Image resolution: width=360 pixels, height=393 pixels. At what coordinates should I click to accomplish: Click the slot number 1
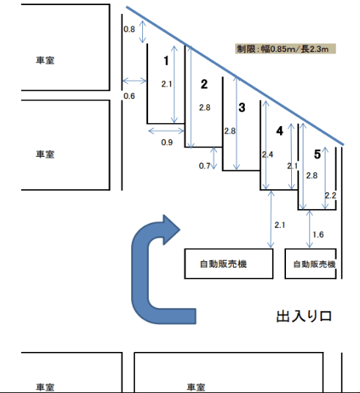click(x=167, y=59)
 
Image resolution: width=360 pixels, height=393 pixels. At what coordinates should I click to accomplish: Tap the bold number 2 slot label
click(x=204, y=84)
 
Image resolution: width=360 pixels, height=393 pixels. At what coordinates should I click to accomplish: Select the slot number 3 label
click(x=242, y=108)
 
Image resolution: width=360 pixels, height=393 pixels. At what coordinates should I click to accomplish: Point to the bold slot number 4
click(x=279, y=131)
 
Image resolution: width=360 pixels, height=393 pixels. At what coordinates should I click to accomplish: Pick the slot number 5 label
click(x=317, y=154)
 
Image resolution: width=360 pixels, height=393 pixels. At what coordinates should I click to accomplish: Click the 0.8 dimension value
click(x=128, y=29)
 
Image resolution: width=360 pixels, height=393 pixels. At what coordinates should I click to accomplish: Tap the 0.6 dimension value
click(x=129, y=96)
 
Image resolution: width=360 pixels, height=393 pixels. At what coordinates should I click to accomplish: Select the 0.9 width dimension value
click(x=167, y=142)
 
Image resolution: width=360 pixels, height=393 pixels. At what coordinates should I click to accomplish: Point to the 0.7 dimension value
click(x=205, y=166)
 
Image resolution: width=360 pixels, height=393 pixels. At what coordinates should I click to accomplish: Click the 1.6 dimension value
click(x=318, y=235)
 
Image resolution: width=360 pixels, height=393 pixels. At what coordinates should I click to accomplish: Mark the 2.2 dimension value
click(x=330, y=195)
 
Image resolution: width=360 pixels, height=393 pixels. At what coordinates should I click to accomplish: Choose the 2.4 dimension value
click(x=267, y=155)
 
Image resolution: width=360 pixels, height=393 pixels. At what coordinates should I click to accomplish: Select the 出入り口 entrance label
click(x=304, y=316)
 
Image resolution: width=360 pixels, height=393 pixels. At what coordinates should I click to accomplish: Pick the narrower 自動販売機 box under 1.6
click(x=314, y=264)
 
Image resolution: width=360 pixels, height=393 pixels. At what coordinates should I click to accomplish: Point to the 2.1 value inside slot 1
click(x=166, y=84)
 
